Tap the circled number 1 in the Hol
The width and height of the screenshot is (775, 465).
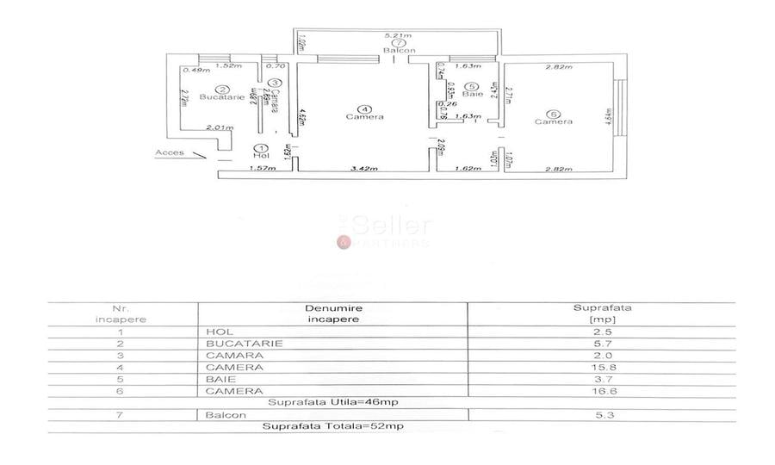(260, 147)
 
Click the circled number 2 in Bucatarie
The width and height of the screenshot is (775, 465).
(222, 89)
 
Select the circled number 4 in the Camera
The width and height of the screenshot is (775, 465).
(366, 108)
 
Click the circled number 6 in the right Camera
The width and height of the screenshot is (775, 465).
(553, 112)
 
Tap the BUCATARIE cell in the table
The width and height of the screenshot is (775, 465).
(233, 343)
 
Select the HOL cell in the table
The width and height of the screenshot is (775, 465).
(214, 331)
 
